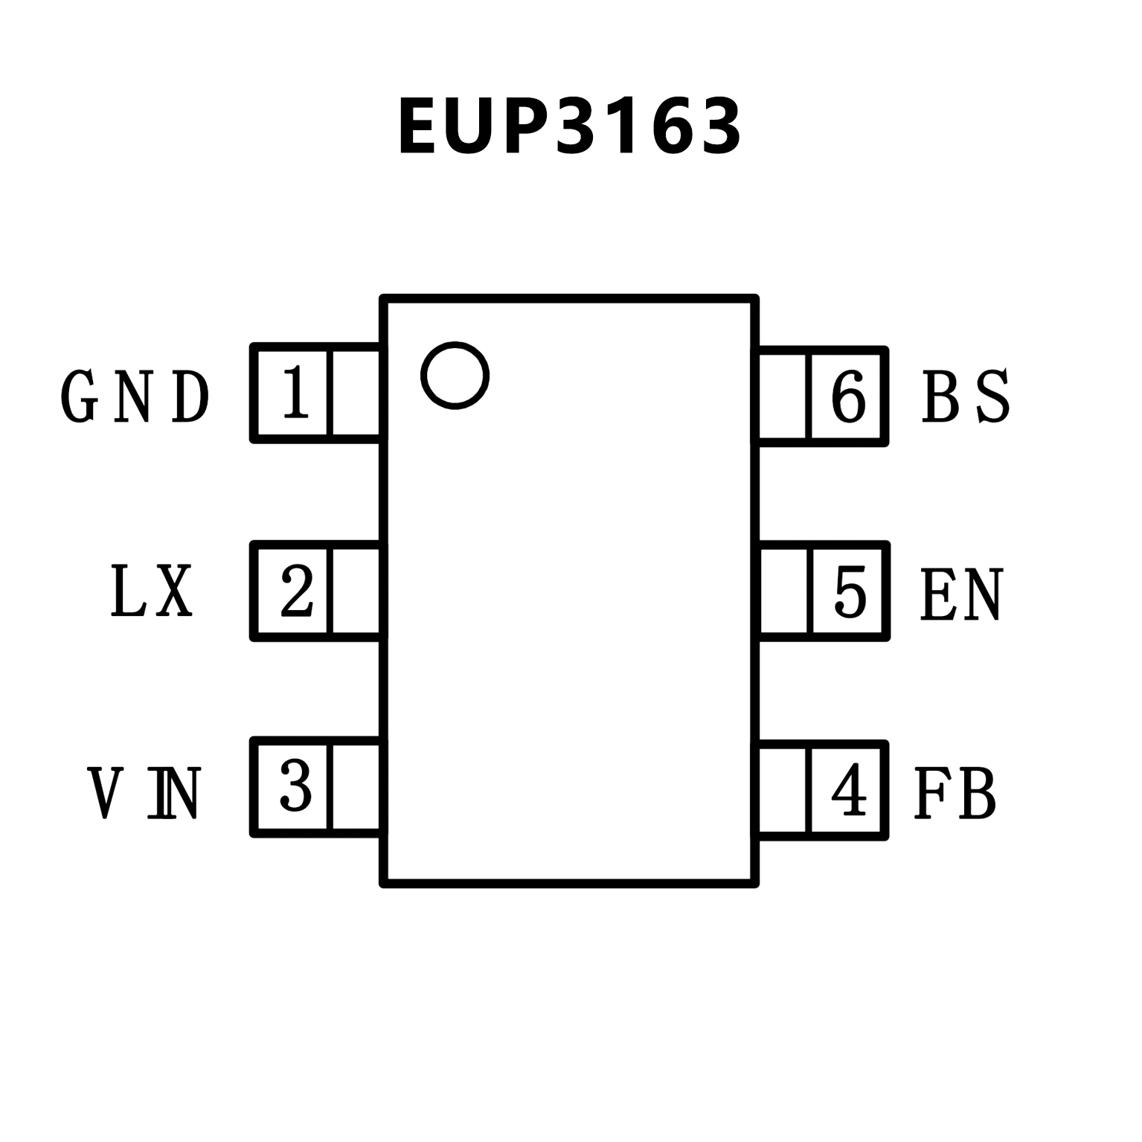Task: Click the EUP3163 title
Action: (x=570, y=126)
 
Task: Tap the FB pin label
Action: (x=955, y=793)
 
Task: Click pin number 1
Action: (x=295, y=392)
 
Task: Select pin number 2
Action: (x=296, y=591)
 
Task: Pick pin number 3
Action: (x=295, y=787)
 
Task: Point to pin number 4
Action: (x=848, y=790)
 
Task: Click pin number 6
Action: (x=849, y=396)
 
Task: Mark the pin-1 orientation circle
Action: (x=455, y=375)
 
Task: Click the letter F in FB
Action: (x=930, y=793)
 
